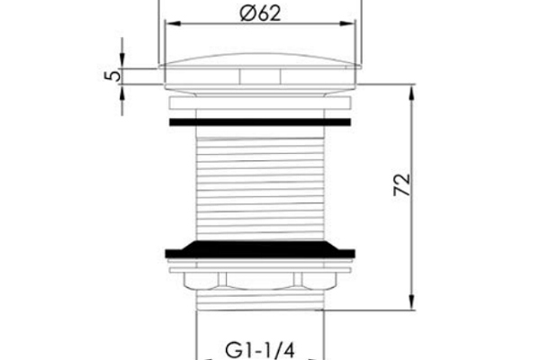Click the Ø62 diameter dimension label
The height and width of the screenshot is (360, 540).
(x=260, y=13)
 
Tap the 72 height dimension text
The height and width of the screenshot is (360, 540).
(x=402, y=185)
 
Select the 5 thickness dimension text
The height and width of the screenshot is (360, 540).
(x=113, y=76)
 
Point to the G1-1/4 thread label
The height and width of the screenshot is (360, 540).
(x=260, y=350)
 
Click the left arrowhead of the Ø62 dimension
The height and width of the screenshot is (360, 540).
(x=173, y=23)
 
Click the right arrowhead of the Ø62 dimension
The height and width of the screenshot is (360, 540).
(x=347, y=23)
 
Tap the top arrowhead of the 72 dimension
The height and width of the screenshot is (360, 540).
(x=411, y=92)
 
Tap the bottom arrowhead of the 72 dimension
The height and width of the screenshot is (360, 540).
(x=411, y=302)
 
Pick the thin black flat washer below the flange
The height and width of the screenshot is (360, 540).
(x=260, y=122)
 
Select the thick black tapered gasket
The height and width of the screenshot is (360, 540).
(x=260, y=250)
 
